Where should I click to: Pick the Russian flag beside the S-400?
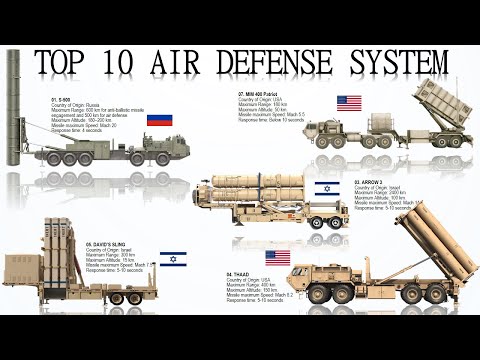click(x=158, y=121)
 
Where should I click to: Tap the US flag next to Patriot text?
click(x=349, y=103)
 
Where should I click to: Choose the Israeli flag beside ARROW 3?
click(x=327, y=188)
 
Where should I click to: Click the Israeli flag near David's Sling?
click(x=172, y=257)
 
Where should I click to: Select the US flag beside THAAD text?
click(x=277, y=257)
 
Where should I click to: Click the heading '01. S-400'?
click(x=63, y=101)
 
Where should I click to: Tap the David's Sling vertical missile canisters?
click(x=62, y=255)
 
